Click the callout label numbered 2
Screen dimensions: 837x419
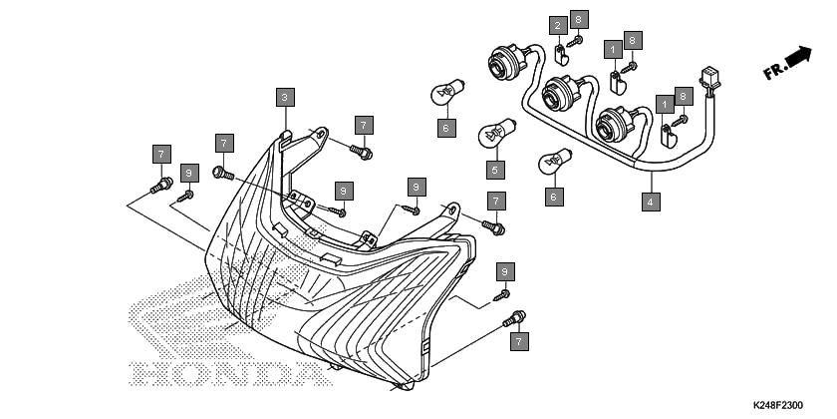tap(558, 25)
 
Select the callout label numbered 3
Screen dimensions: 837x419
tap(285, 98)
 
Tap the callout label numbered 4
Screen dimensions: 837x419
tap(651, 202)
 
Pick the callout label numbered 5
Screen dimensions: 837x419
tap(495, 170)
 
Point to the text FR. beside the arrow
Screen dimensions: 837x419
tap(774, 71)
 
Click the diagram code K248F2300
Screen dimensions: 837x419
tap(778, 406)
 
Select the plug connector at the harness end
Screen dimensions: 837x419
tap(709, 81)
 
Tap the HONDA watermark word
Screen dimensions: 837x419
tap(231, 373)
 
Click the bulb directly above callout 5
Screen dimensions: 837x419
tap(496, 133)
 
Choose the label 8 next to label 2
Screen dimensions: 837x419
tap(579, 19)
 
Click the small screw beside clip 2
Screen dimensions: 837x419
tap(575, 41)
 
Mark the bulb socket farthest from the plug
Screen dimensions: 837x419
tap(505, 61)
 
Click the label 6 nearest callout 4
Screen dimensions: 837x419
tap(554, 197)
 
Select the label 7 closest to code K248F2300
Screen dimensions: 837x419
tap(519, 341)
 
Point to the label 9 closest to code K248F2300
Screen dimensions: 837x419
tap(505, 271)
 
